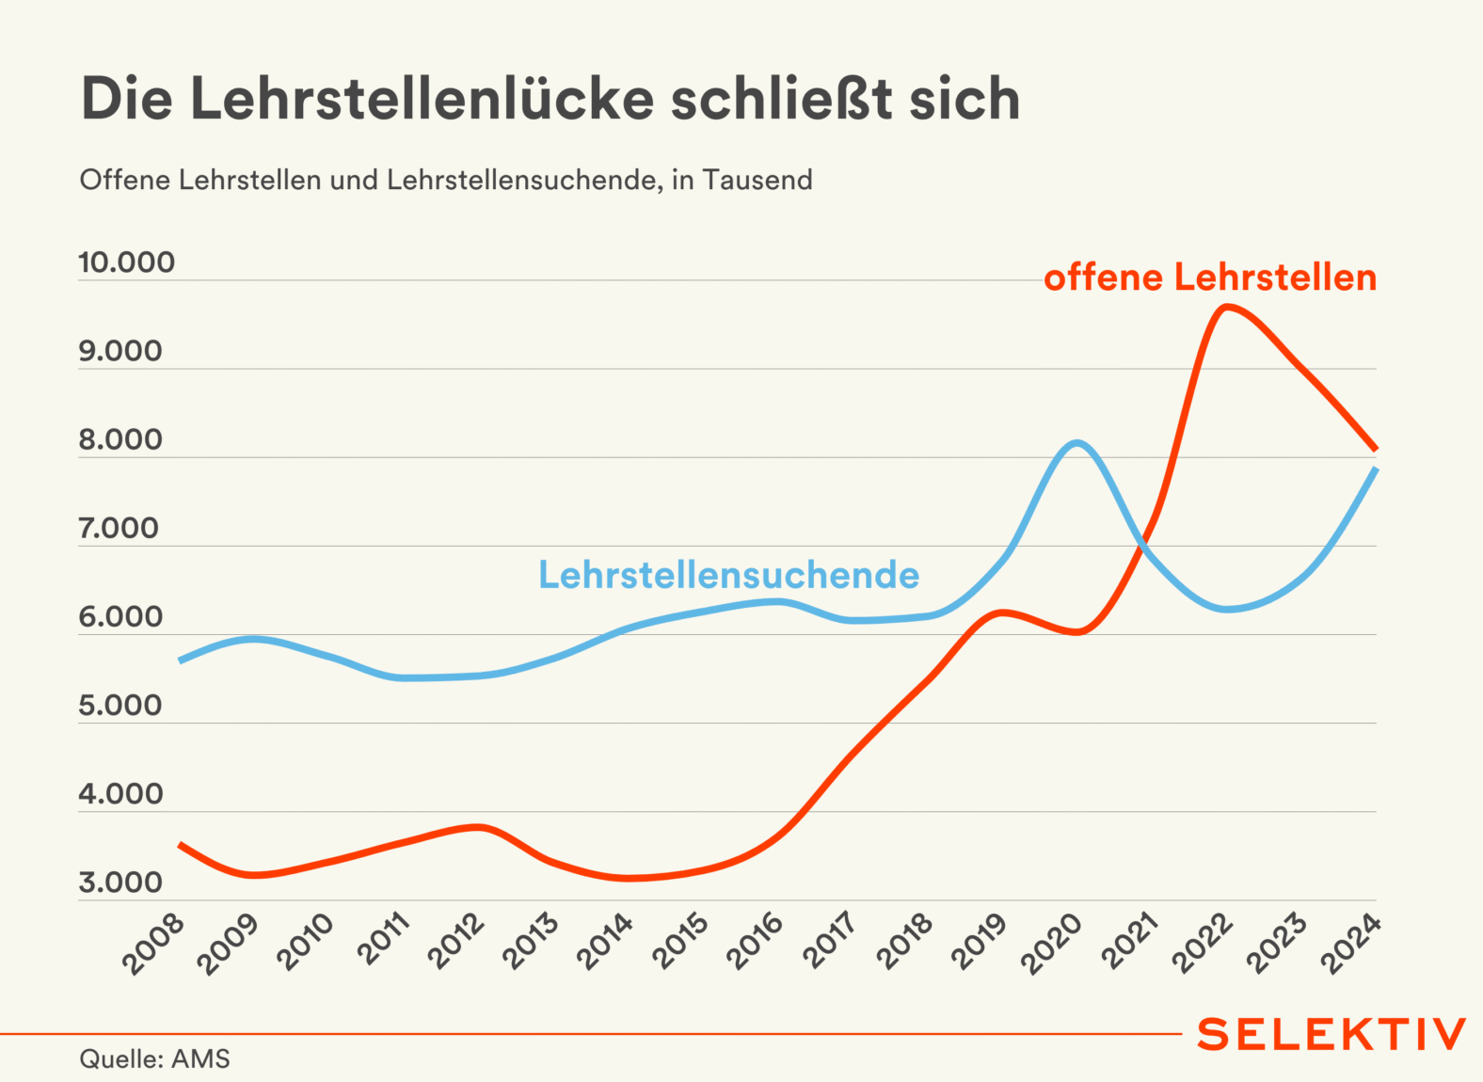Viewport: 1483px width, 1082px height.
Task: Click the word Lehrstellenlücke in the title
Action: (422, 99)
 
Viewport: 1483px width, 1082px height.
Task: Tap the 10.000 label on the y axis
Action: (126, 263)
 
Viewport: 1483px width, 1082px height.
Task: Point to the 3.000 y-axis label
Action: (120, 883)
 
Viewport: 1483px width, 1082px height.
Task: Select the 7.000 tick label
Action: (120, 529)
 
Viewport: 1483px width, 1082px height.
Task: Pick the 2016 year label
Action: (756, 941)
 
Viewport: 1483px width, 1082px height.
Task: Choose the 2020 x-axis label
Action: (1052, 943)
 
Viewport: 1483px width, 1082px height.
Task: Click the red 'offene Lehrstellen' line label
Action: (1210, 278)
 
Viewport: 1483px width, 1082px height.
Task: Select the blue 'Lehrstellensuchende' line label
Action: (728, 575)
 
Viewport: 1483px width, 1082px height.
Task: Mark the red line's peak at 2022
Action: (1225, 308)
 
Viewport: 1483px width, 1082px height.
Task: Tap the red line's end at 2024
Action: (1376, 449)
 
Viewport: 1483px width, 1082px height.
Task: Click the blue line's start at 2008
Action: (180, 661)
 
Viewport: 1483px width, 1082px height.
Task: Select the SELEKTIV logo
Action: (1331, 1034)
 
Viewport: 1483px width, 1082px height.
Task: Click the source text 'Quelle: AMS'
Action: (154, 1059)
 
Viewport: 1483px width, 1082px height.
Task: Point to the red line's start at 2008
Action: (180, 845)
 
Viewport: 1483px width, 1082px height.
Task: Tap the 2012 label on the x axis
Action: (456, 941)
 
